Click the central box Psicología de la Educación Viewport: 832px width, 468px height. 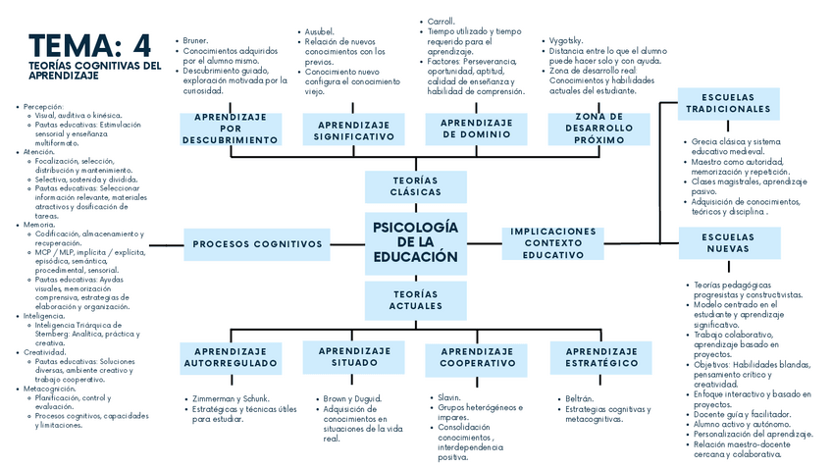click(x=415, y=242)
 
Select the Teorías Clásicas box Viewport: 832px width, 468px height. click(x=415, y=186)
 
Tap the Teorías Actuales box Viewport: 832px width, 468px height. click(x=415, y=299)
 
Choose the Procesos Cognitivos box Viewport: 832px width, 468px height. click(x=257, y=244)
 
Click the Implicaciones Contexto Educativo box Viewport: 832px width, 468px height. click(x=552, y=243)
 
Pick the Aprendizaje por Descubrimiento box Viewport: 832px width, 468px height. click(x=231, y=129)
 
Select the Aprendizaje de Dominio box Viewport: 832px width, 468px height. click(x=476, y=129)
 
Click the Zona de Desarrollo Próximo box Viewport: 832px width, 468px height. click(x=599, y=129)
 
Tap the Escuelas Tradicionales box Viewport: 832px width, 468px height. click(x=727, y=103)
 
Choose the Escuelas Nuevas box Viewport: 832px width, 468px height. click(x=727, y=242)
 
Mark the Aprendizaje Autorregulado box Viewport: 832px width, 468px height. click(x=231, y=357)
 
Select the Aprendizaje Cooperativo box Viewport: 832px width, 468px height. click(x=477, y=357)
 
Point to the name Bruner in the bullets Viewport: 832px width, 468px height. click(x=196, y=40)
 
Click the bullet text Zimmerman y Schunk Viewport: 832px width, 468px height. click(x=230, y=398)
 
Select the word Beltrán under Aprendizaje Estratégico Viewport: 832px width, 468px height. click(x=579, y=398)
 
